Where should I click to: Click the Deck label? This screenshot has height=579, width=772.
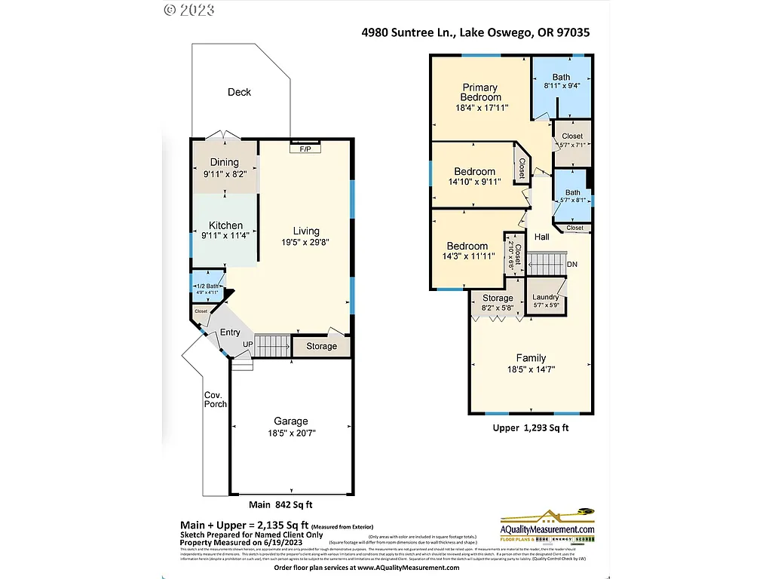tap(239, 92)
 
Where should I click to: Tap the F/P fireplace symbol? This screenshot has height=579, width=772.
tap(305, 149)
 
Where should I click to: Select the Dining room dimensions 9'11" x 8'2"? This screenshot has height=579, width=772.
tap(225, 173)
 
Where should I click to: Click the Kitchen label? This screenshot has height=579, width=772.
tap(225, 225)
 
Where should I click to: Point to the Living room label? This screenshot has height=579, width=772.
tap(306, 231)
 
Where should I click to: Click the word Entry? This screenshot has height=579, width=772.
tap(230, 332)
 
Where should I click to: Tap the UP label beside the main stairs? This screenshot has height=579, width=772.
tap(247, 345)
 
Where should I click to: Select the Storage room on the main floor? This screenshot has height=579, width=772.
tap(322, 347)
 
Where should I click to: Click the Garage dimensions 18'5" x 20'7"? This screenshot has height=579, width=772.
tap(290, 433)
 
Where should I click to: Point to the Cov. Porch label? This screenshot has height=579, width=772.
tap(215, 400)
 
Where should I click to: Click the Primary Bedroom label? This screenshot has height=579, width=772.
tap(481, 92)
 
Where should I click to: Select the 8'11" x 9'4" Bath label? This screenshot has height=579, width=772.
tap(561, 86)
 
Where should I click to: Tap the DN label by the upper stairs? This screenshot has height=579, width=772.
tap(572, 265)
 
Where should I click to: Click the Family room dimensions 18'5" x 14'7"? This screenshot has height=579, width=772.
tap(531, 369)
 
